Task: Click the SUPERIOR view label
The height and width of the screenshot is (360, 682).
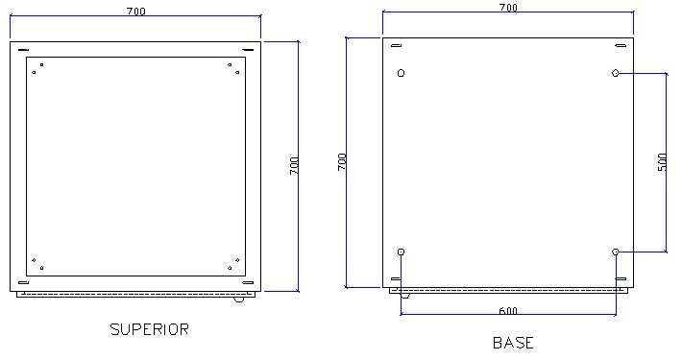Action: click(149, 329)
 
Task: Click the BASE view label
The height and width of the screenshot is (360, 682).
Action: click(513, 343)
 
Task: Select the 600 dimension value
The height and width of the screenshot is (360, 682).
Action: click(508, 311)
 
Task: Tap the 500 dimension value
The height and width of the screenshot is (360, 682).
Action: click(662, 162)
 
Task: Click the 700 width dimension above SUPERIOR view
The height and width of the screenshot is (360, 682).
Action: click(136, 12)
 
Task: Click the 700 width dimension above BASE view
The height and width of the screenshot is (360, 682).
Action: click(508, 8)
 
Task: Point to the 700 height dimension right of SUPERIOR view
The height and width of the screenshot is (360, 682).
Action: click(295, 166)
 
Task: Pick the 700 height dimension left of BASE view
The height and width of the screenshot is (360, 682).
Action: click(342, 161)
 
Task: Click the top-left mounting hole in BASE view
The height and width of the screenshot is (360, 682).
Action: click(401, 73)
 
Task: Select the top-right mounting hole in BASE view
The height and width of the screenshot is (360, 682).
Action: click(615, 73)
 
